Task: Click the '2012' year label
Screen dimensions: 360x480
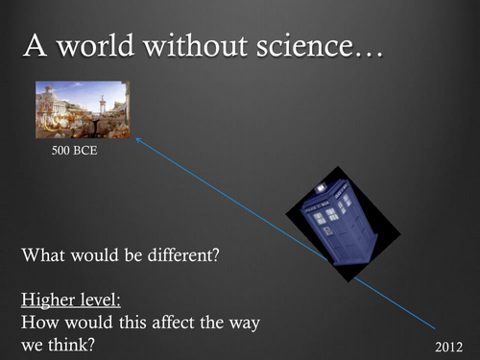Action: point(448,343)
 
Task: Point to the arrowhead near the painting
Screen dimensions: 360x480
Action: point(136,140)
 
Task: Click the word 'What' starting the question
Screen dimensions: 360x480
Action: point(42,257)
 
